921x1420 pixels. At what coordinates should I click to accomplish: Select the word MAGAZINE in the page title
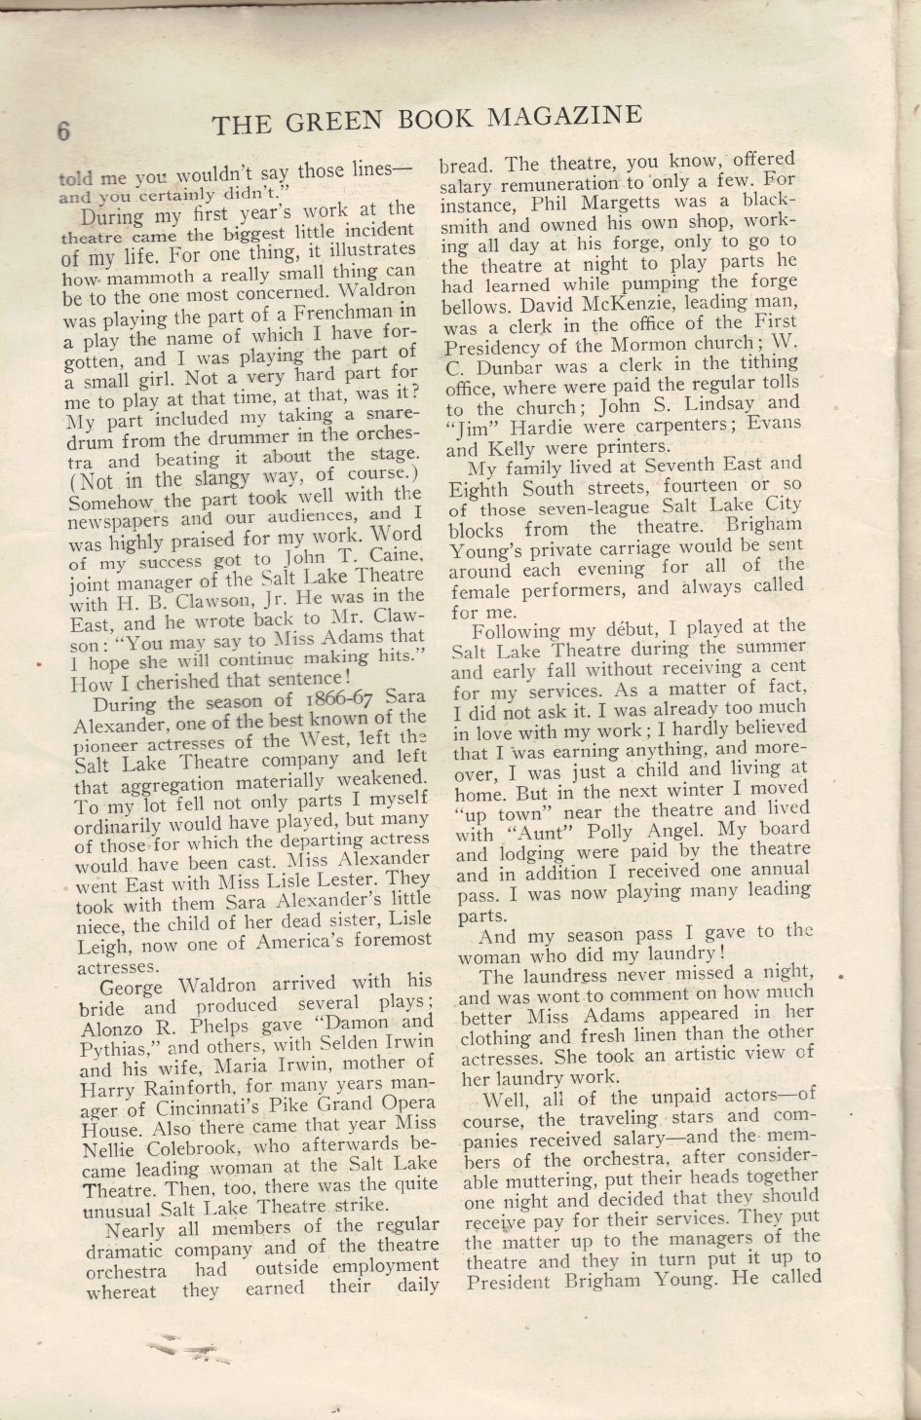tap(564, 116)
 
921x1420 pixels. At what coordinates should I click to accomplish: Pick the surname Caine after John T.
tap(392, 555)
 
